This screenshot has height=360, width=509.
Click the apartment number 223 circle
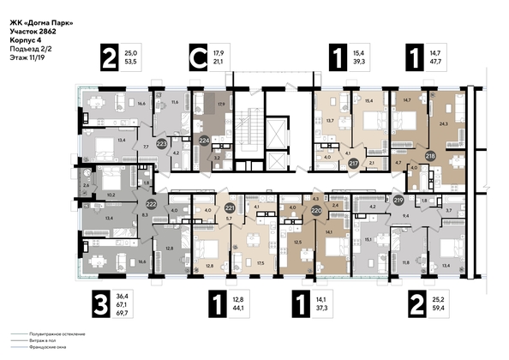click(x=163, y=144)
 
